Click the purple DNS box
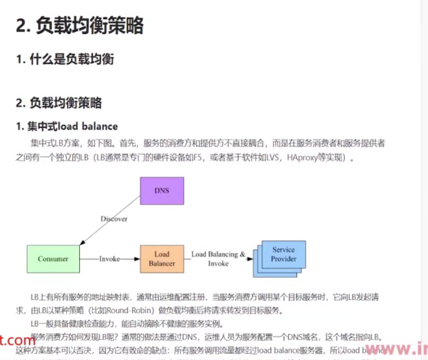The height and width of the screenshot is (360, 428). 162,190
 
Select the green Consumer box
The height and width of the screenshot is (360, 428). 53,259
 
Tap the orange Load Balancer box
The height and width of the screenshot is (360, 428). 162,259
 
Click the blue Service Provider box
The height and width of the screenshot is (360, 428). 283,254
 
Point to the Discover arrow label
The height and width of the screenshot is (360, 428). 114,219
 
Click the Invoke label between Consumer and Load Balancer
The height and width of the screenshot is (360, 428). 110,259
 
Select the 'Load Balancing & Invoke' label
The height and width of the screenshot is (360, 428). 218,258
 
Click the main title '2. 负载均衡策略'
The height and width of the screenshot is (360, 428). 80,25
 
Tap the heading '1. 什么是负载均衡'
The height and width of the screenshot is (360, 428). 65,59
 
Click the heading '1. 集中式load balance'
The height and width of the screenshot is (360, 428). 67,126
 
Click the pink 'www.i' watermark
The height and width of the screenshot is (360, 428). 397,349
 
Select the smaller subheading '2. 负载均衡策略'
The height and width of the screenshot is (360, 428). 59,103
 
